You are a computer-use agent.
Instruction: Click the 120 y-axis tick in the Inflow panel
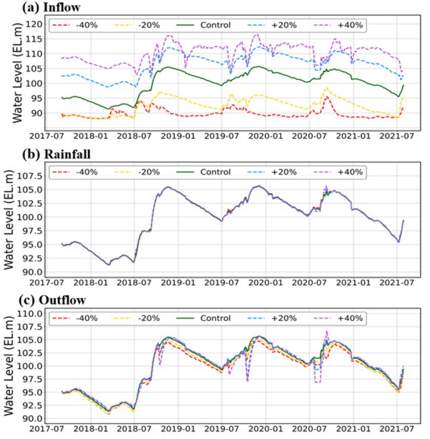pyautogui.click(x=35, y=24)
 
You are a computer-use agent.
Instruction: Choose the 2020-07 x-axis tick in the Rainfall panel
pyautogui.click(x=310, y=282)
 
